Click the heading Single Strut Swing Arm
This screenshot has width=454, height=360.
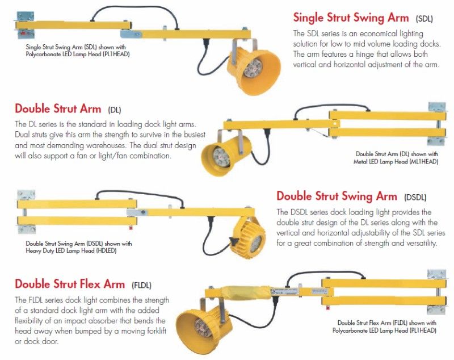pyautogui.click(x=351, y=18)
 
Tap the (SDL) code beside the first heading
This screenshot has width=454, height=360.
pyautogui.click(x=424, y=19)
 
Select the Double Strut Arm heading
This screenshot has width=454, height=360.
pyautogui.click(x=58, y=108)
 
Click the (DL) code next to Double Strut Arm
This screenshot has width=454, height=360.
pyautogui.click(x=115, y=110)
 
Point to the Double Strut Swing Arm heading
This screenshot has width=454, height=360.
pyautogui.click(x=337, y=196)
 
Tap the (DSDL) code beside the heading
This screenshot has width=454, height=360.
pyautogui.click(x=415, y=197)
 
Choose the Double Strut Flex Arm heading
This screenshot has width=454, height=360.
pyautogui.click(x=70, y=284)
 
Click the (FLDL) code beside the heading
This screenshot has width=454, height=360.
pyautogui.click(x=141, y=285)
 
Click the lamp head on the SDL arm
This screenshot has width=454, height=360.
pyautogui.click(x=254, y=68)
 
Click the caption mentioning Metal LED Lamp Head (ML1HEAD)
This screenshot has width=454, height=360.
pyautogui.click(x=396, y=158)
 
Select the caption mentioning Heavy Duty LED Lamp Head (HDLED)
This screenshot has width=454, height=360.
pyautogui.click(x=79, y=247)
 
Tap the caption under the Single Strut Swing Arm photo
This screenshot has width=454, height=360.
pyautogui.click(x=78, y=51)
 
